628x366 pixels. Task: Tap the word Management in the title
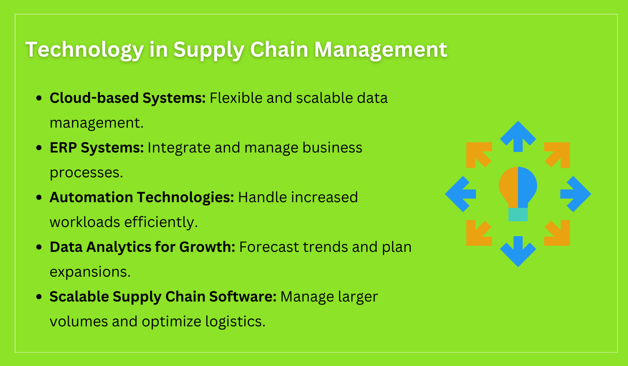[x=380, y=50]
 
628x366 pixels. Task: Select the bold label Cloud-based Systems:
[x=127, y=98]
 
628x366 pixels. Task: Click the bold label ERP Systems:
[x=96, y=148]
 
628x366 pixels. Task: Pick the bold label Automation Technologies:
[x=142, y=197]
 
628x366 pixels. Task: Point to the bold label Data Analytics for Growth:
[x=142, y=247]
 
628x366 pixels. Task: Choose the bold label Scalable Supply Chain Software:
[x=163, y=297]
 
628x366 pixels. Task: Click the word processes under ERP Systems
[x=86, y=173]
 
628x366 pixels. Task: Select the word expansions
[x=90, y=272]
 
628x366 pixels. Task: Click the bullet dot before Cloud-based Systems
[x=40, y=98]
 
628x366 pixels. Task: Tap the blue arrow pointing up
[x=518, y=136]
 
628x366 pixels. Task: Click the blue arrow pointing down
[x=518, y=251]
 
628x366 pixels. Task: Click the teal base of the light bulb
[x=518, y=214]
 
